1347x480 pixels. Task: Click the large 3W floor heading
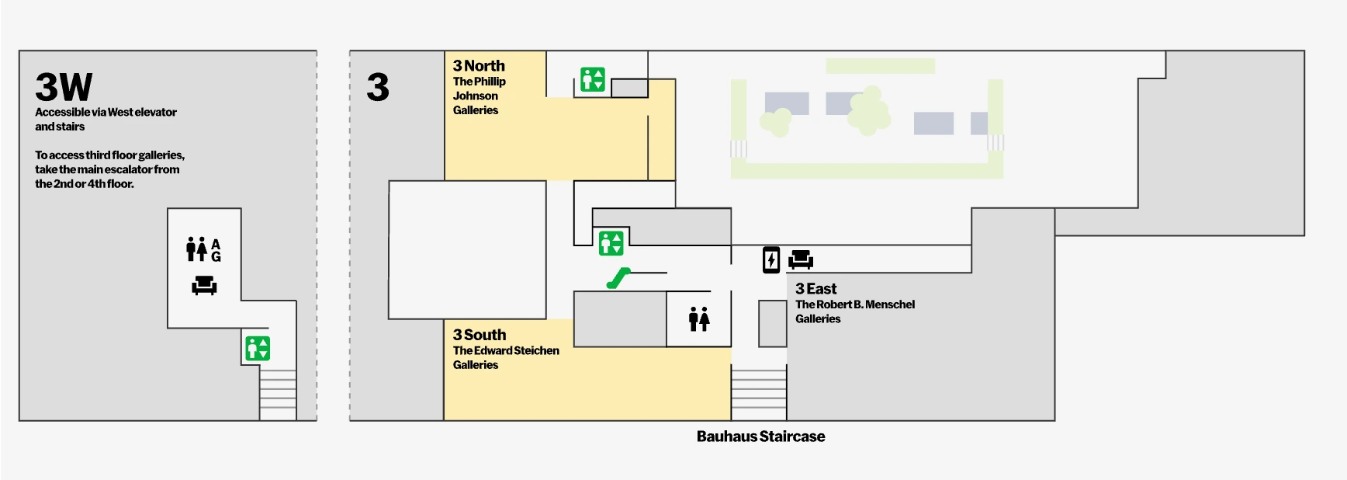(64, 87)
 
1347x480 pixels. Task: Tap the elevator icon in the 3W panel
(258, 348)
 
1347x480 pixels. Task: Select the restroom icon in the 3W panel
(197, 249)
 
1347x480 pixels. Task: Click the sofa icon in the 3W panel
(204, 285)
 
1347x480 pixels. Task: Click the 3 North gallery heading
(479, 66)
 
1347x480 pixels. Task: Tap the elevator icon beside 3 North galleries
(593, 79)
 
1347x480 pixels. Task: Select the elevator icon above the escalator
(611, 243)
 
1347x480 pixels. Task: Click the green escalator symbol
(618, 278)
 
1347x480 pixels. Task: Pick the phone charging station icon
(770, 259)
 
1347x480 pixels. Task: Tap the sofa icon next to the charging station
(801, 259)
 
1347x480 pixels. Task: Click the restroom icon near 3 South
(699, 318)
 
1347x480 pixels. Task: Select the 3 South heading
(480, 335)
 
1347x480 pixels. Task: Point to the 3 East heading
(815, 289)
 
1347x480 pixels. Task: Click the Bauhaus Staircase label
(760, 437)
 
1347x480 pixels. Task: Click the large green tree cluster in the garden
(868, 111)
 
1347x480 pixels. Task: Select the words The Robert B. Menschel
(855, 304)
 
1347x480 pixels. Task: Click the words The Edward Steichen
(506, 350)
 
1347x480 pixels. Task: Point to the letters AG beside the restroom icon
(216, 250)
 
